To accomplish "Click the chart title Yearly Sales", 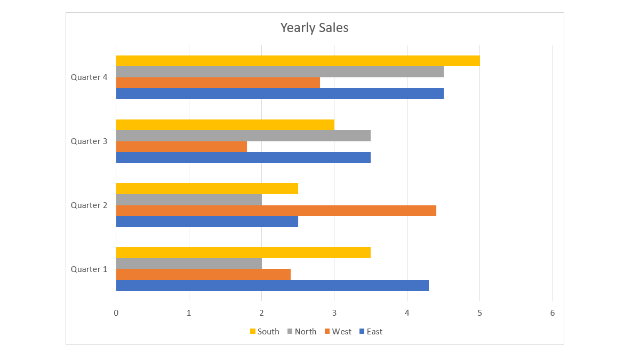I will [314, 28].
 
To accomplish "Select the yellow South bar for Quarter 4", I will [298, 61].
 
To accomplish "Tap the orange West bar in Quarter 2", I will [276, 211].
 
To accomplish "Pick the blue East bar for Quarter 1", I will [272, 285].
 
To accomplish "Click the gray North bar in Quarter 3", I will [243, 135].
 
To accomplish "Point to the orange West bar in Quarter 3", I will [181, 147].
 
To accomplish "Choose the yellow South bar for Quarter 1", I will [243, 252].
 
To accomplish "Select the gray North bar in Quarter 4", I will [279, 71].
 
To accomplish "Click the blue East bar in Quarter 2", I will [207, 221].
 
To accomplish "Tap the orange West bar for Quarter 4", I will [218, 83].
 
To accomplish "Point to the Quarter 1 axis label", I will [89, 269].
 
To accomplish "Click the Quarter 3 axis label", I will [89, 141].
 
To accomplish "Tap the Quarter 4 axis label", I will [89, 77].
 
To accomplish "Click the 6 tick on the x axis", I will [553, 313].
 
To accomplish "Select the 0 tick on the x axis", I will [116, 313].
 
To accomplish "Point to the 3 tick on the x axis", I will [334, 313].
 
